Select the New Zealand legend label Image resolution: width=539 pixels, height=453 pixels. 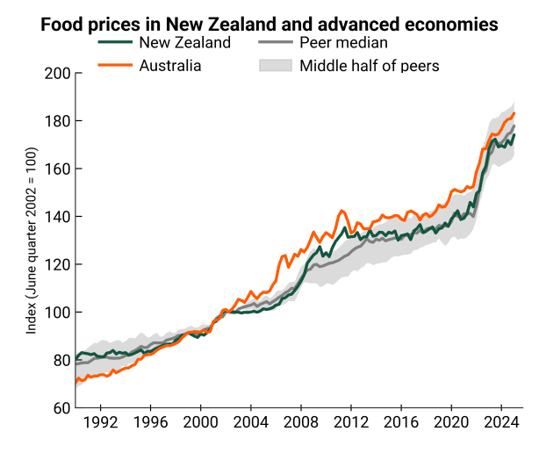click(x=185, y=43)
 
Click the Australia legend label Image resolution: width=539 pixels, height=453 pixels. click(x=170, y=66)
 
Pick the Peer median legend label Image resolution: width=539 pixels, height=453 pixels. click(x=343, y=43)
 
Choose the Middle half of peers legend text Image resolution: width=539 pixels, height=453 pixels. click(x=370, y=66)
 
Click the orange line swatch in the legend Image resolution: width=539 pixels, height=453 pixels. click(x=115, y=65)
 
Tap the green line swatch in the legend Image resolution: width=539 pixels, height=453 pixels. click(x=115, y=42)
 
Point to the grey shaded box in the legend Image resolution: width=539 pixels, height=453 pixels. click(x=276, y=65)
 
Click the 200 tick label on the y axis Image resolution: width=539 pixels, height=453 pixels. click(x=57, y=74)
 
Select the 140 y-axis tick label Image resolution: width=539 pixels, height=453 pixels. click(x=57, y=217)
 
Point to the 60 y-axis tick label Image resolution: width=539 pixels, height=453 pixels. click(x=61, y=408)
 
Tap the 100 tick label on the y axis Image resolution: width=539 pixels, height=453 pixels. click(x=57, y=313)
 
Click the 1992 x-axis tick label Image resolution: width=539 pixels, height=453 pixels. click(x=100, y=422)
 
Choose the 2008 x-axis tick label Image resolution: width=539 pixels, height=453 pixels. click(x=301, y=422)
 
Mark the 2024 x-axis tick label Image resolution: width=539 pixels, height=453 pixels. click(x=501, y=422)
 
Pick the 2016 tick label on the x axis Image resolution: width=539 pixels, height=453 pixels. click(x=401, y=422)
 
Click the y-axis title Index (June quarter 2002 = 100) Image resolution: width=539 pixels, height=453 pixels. click(x=31, y=241)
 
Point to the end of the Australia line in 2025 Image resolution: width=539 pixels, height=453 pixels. click(x=514, y=113)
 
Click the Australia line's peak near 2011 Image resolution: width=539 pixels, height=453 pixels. click(x=341, y=211)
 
